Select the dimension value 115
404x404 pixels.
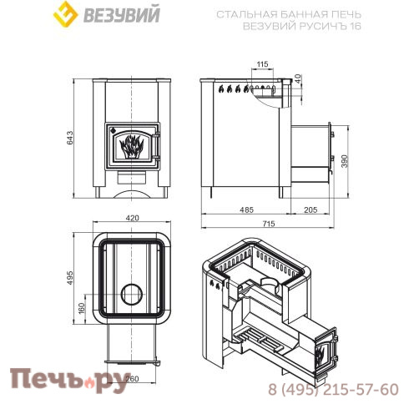pos(263,64)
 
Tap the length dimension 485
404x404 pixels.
pos(247,210)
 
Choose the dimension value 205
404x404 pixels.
pos(310,210)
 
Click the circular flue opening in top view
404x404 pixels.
pos(132,294)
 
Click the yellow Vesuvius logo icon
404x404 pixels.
pos(63,15)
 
